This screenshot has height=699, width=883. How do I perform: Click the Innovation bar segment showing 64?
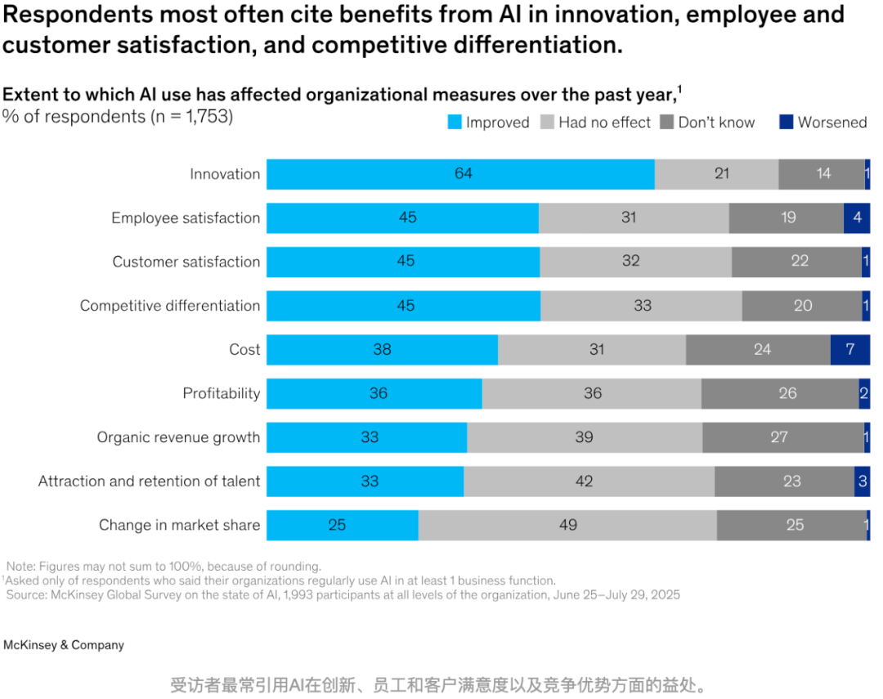coord(460,174)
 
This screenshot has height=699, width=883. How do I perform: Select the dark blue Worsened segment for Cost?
coord(850,350)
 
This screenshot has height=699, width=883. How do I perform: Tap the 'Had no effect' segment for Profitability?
coord(592,394)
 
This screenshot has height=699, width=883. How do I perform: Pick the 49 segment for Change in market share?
coord(567,526)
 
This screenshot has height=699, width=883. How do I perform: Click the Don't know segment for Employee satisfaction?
coord(787,218)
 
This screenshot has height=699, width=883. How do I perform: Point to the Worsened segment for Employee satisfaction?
coord(857,218)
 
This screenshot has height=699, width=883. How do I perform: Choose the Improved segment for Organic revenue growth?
coord(367,437)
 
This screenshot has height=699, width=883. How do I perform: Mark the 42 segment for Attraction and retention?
coord(589,482)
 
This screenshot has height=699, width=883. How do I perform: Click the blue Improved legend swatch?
coord(455,123)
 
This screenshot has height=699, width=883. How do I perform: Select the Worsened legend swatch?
coord(787,123)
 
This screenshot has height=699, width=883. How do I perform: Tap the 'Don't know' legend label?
coord(716,123)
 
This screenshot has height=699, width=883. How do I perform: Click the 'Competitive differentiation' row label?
coord(170,306)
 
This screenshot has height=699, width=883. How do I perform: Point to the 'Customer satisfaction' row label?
coord(186,262)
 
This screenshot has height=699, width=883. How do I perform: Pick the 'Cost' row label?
coord(244,350)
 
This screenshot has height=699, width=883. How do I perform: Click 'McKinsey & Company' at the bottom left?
coord(64,646)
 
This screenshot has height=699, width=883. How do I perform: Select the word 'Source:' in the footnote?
coord(26,595)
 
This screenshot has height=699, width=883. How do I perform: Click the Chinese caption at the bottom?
coord(439,685)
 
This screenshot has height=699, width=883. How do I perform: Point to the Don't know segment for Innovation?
coord(822,174)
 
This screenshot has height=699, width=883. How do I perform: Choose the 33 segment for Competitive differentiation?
coord(642,306)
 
